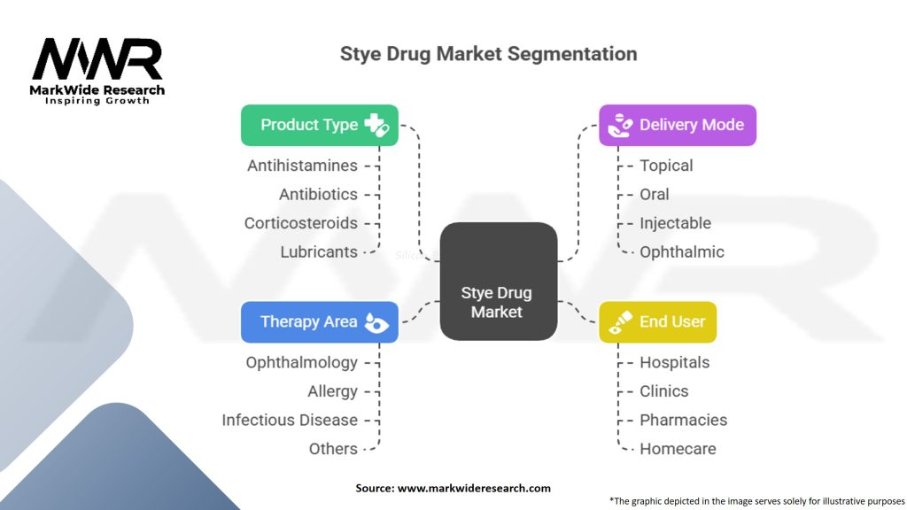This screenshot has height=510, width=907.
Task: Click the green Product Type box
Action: (319, 125)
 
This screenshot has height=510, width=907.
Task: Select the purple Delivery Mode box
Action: (678, 125)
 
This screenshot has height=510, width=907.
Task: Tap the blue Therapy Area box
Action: (319, 322)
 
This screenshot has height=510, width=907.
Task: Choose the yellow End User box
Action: (658, 322)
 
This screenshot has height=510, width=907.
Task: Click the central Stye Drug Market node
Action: (499, 281)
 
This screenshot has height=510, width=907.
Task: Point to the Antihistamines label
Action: (303, 166)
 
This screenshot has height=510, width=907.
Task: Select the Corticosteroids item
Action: (301, 223)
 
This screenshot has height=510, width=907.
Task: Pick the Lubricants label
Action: (319, 252)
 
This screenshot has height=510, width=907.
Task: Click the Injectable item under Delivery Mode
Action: (675, 223)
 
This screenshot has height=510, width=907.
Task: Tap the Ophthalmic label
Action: (681, 252)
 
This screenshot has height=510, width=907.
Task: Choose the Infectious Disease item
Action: (290, 420)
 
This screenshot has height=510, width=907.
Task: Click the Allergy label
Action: (333, 391)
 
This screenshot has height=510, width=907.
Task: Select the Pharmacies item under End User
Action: (683, 420)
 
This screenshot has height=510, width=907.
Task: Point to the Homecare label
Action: (678, 449)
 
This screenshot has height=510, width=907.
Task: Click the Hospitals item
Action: (674, 362)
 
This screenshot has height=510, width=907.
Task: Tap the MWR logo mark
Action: (97, 59)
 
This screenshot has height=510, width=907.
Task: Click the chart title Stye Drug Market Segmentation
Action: (488, 54)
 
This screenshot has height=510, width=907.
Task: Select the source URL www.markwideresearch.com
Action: (474, 488)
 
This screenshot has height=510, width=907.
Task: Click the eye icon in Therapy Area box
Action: (376, 322)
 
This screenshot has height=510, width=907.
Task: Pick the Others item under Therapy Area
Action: (333, 449)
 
